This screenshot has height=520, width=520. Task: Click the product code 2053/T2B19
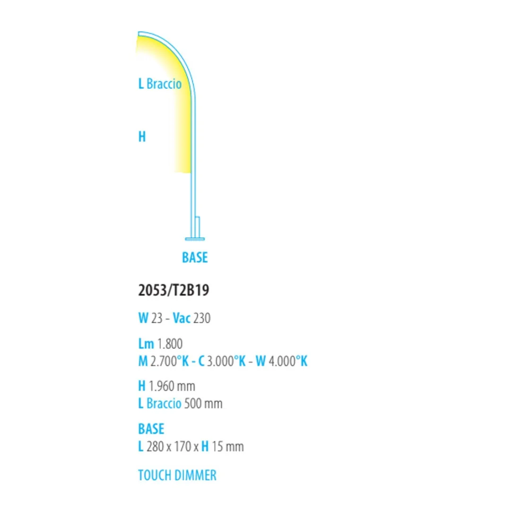(x=173, y=290)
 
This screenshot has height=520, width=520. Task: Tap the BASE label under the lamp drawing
(x=195, y=257)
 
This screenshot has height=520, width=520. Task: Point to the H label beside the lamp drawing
(x=142, y=137)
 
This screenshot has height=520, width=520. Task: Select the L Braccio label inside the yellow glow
(x=160, y=84)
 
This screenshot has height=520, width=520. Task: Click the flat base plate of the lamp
(x=195, y=239)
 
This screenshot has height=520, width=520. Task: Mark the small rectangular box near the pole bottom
(x=197, y=227)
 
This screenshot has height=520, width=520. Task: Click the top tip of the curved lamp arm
(x=139, y=33)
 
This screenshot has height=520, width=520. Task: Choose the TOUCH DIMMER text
(x=177, y=475)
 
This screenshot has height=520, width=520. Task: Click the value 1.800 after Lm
(x=169, y=344)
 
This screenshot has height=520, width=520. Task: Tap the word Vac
(x=182, y=318)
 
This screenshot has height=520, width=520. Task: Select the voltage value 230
(x=202, y=318)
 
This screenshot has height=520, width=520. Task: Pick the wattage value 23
(x=157, y=318)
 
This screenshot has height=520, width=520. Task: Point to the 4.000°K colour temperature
(x=288, y=361)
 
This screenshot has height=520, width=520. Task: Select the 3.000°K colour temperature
(x=226, y=361)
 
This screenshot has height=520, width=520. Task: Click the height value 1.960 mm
(x=172, y=386)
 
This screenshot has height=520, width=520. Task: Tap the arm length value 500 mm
(x=203, y=404)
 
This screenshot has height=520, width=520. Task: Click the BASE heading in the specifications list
(x=151, y=429)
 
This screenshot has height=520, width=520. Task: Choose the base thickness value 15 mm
(x=228, y=447)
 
